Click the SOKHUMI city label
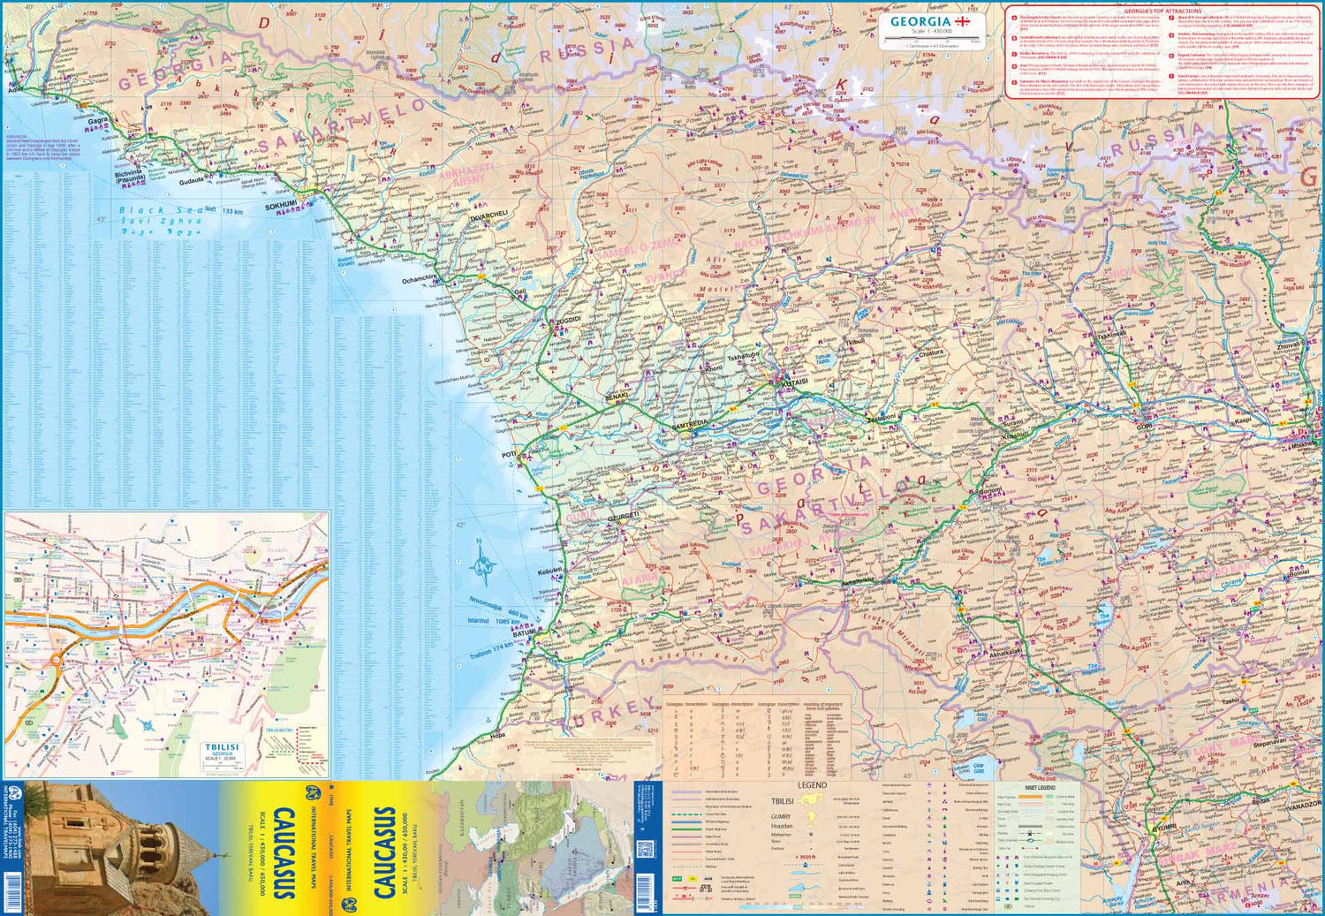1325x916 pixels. pyautogui.click(x=281, y=206)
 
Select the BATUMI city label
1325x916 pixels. pyautogui.click(x=524, y=633)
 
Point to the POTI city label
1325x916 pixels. pyautogui.click(x=509, y=455)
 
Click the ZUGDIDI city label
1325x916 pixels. pyautogui.click(x=567, y=320)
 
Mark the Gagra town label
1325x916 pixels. pyautogui.click(x=97, y=121)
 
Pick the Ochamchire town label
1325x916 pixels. pyautogui.click(x=419, y=279)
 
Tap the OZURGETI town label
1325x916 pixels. pyautogui.click(x=623, y=515)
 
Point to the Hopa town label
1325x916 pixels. pyautogui.click(x=498, y=734)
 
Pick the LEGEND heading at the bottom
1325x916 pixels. pyautogui.click(x=812, y=784)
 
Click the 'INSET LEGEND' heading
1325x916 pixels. pyautogui.click(x=1039, y=787)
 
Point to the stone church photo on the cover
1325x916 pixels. pyautogui.click(x=115, y=848)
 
